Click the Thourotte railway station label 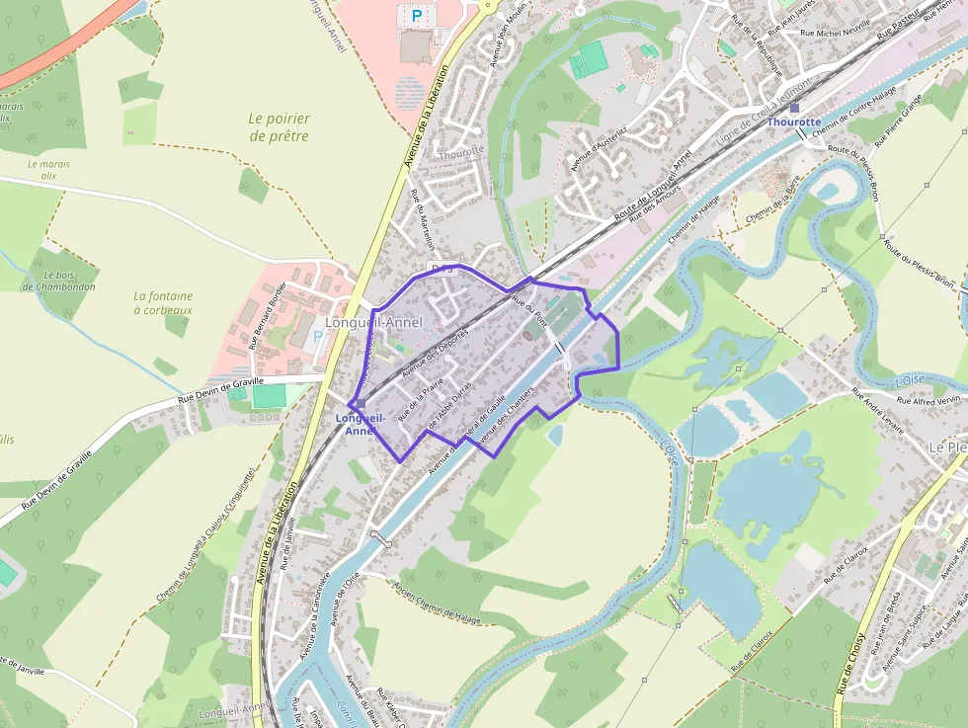(x=794, y=121)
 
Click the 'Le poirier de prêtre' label (x=279, y=127)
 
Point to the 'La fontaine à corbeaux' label (x=163, y=302)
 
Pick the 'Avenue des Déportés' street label (x=436, y=352)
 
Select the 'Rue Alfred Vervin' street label (x=928, y=400)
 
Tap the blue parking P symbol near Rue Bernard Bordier (x=317, y=337)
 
